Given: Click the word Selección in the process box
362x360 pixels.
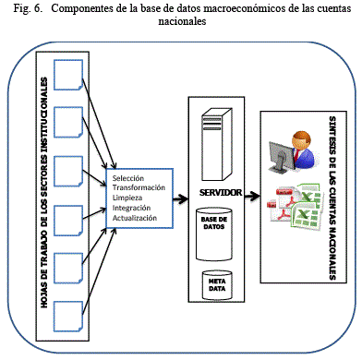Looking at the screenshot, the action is tap(128, 178).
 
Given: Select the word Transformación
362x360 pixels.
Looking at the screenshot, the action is tap(139, 187).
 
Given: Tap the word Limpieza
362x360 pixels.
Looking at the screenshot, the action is tap(127, 198).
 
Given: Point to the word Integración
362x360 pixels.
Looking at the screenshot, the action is tap(131, 208).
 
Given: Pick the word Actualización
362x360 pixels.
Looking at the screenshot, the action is tap(135, 218).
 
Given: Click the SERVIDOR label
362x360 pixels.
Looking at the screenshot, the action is tap(221, 193).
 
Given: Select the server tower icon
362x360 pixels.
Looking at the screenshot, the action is tap(216, 144).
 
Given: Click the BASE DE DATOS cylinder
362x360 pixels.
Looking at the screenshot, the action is tap(214, 234).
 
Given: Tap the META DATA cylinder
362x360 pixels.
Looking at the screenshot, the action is tap(217, 285).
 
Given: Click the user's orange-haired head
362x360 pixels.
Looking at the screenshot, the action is tap(302, 140).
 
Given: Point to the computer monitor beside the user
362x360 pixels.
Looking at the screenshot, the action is tap(282, 156).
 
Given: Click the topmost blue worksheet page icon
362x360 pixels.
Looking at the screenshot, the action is tap(68, 75).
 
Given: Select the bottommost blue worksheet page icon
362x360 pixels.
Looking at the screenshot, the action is tap(68, 317).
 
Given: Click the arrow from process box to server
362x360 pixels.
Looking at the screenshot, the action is tap(181, 198).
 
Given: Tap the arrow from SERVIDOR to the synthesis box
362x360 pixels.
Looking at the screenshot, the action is tap(252, 196).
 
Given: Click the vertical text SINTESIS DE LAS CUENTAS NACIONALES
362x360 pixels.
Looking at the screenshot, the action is tap(332, 198).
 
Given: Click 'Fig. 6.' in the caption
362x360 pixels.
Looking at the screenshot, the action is tap(27, 8).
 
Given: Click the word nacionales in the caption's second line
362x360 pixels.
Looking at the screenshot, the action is tap(182, 21).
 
